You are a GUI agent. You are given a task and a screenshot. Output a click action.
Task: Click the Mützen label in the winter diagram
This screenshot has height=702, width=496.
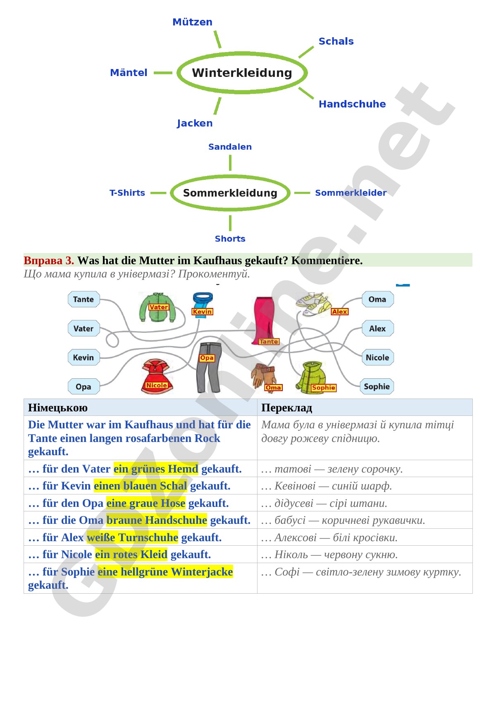click(192, 22)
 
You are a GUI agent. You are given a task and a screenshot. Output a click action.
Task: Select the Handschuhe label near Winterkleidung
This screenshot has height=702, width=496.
click(352, 104)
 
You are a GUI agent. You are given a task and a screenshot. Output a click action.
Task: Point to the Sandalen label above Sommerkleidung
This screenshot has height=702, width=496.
click(230, 147)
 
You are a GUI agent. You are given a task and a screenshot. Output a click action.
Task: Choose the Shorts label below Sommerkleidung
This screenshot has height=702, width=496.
click(230, 239)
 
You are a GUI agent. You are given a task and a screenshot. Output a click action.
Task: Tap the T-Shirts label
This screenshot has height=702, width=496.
click(127, 193)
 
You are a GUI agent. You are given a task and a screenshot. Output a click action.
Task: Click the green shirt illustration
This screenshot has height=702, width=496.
click(157, 307)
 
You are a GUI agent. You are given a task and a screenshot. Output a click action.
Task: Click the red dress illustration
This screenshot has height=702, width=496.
click(157, 376)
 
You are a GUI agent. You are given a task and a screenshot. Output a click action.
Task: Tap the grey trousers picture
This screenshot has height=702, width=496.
click(209, 367)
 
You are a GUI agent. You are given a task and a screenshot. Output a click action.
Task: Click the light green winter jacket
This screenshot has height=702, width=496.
click(312, 377)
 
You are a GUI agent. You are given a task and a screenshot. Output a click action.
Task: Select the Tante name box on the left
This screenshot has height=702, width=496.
click(83, 299)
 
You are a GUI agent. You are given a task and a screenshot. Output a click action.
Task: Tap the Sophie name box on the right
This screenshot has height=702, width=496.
click(377, 387)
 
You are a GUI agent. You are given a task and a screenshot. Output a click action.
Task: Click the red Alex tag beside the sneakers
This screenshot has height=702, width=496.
click(340, 311)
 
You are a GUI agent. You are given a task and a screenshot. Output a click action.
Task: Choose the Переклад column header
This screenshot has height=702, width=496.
click(287, 408)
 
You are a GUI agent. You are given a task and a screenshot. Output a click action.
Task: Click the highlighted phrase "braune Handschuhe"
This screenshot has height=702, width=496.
click(157, 520)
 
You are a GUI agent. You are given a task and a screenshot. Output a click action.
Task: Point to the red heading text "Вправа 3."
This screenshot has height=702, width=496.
click(49, 260)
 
